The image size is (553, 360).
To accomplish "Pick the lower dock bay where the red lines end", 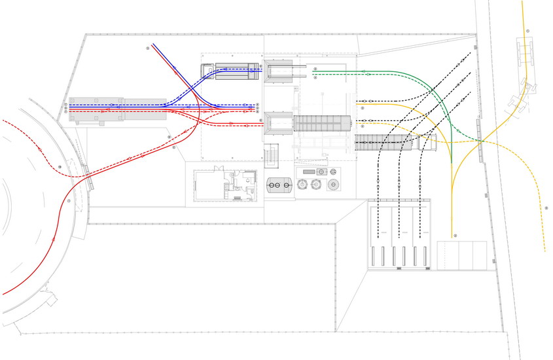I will click(277, 122).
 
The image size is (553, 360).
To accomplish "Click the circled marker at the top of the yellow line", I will click(527, 31).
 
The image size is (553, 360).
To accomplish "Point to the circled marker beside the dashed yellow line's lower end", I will click(546, 207).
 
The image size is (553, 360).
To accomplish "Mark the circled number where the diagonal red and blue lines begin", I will click(148, 48).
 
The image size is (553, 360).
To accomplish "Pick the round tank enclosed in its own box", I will click(334, 185).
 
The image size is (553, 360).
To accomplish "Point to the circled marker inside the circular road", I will click(60, 167).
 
